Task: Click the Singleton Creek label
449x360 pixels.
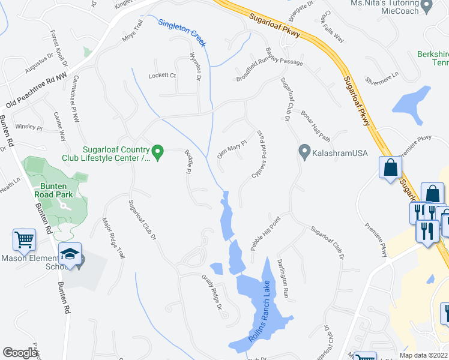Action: (x=182, y=33)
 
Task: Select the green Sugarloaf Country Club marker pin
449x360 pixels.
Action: (x=158, y=152)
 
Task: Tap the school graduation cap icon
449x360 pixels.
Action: (x=70, y=254)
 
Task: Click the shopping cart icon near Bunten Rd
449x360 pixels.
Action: (x=25, y=240)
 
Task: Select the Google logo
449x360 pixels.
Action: (x=20, y=353)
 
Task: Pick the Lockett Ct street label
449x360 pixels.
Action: (x=162, y=76)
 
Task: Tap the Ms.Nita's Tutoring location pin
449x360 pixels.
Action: (x=427, y=6)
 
